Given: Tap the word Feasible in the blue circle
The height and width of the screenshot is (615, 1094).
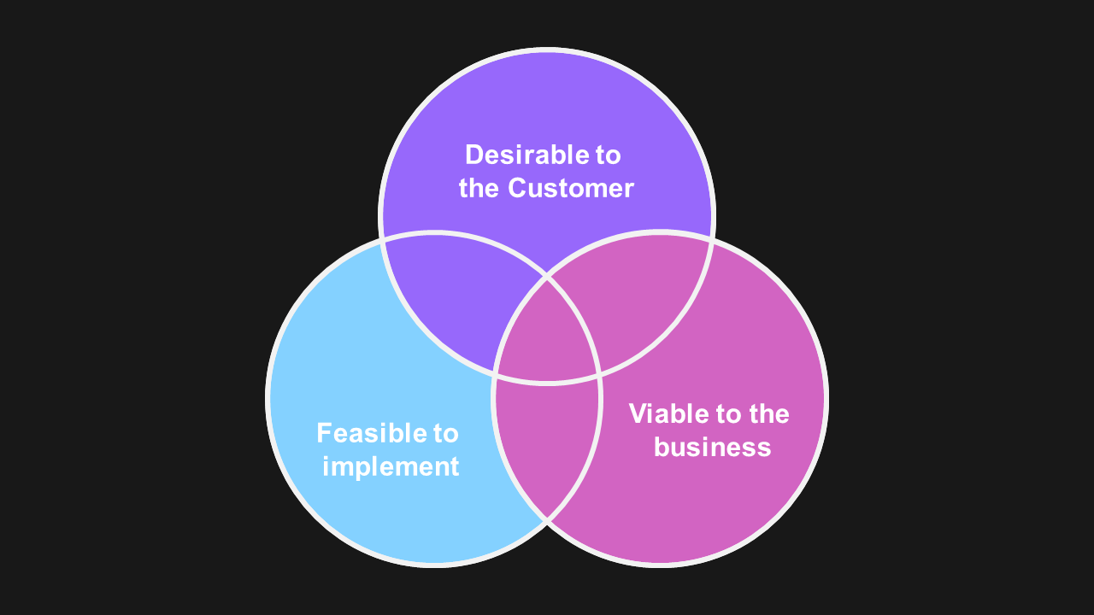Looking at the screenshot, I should coord(365,433).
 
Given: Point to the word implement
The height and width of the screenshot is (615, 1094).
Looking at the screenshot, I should coord(391,466).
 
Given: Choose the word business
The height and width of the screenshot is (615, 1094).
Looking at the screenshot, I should coord(712,447).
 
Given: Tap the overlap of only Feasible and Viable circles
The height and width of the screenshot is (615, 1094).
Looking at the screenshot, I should coord(547,444).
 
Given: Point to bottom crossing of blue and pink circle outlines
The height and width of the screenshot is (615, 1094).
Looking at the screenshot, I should coord(547,519).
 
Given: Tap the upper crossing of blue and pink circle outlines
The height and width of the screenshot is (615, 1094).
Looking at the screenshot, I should coord(547,277).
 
